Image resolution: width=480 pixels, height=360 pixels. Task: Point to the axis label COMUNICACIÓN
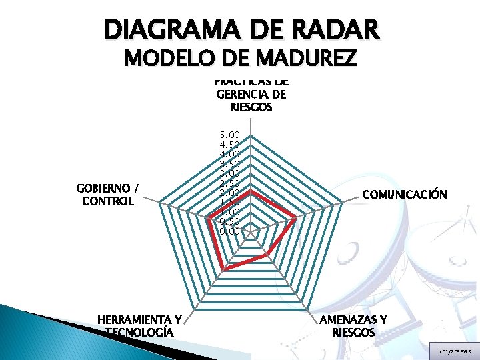(404, 195)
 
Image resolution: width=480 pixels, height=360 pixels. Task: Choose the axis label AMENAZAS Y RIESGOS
(353, 327)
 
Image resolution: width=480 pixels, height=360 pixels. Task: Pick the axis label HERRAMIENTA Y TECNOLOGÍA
(139, 326)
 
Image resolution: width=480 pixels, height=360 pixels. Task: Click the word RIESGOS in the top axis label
(251, 107)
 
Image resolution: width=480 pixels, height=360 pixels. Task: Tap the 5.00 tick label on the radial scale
(229, 135)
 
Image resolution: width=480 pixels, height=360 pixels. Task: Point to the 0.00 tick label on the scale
(229, 231)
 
